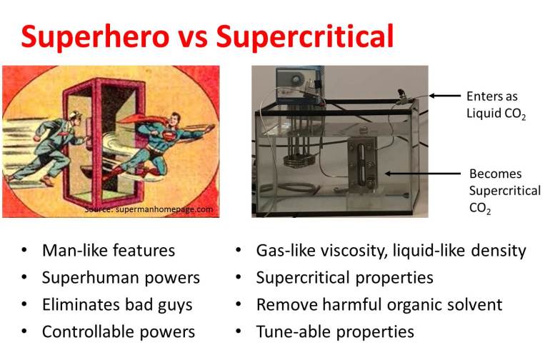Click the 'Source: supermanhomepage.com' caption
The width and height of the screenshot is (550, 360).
pyautogui.click(x=149, y=209)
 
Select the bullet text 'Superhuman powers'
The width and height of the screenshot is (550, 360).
pyautogui.click(x=121, y=278)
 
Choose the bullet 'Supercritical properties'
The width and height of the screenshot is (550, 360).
pyautogui.click(x=345, y=278)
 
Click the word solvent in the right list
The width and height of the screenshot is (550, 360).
pyautogui.click(x=471, y=305)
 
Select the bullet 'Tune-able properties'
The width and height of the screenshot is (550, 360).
pyautogui.click(x=335, y=332)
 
